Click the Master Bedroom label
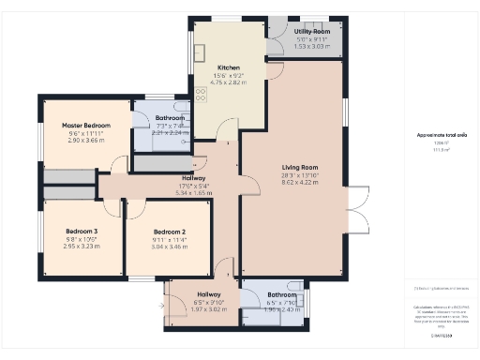(86, 125)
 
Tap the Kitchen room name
(230, 68)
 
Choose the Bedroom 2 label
(170, 232)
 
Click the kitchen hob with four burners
(201, 94)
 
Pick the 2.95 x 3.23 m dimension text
(82, 246)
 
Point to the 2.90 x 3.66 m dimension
(86, 140)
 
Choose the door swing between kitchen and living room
(273, 70)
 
